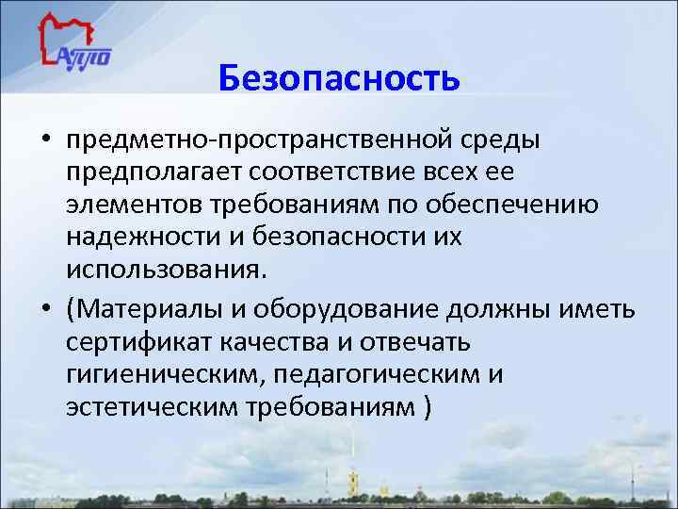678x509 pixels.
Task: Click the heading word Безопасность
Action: (x=339, y=79)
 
